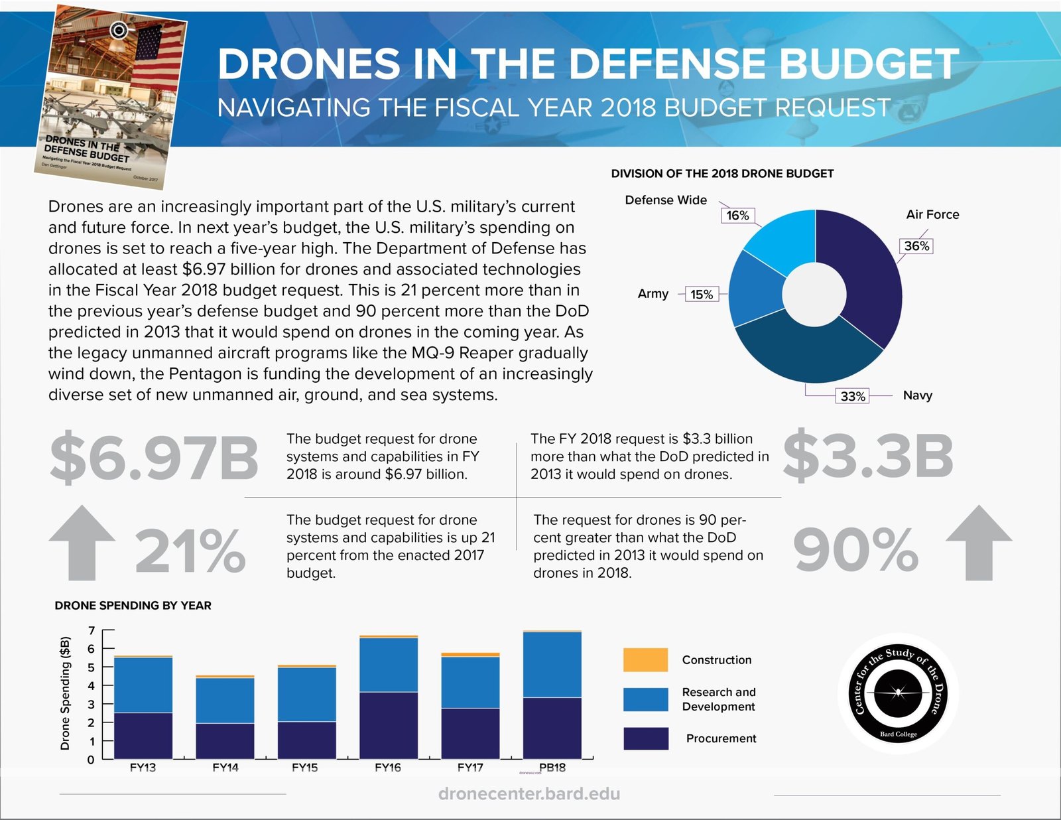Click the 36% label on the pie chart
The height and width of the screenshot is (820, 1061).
[916, 246]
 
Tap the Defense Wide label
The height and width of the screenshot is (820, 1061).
[666, 200]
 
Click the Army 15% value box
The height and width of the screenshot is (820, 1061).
[702, 295]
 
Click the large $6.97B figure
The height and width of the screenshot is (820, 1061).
[154, 458]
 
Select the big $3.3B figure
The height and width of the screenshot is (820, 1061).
[867, 456]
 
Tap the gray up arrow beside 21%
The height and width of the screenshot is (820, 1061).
[82, 543]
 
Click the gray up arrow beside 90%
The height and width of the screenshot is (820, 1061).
[979, 543]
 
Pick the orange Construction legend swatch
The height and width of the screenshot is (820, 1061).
[645, 660]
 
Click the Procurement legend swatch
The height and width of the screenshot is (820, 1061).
[645, 738]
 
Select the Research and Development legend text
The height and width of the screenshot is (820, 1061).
[719, 699]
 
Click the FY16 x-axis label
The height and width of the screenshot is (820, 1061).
[388, 768]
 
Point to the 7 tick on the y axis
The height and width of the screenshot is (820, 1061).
[92, 631]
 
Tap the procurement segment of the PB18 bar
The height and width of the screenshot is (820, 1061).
[552, 728]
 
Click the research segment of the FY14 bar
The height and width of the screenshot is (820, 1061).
[225, 700]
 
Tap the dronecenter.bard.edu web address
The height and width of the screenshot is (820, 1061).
[529, 794]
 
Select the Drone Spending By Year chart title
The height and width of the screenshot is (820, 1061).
[133, 606]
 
